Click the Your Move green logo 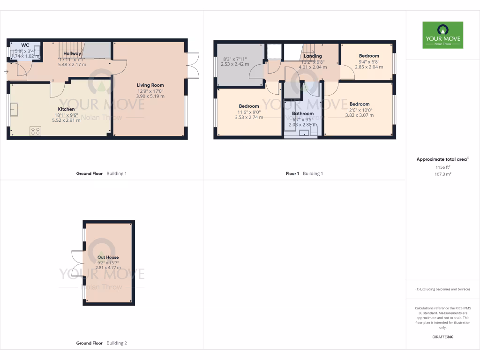coord(442,35)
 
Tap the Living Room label coord(150,85)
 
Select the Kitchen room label coord(66,109)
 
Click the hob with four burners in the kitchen coord(35,131)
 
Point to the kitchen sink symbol coord(15,110)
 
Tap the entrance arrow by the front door coord(6,72)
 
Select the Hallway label coord(72,54)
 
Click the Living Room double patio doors coord(192,65)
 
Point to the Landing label coord(313,56)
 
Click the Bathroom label coord(303,113)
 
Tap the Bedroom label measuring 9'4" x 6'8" coord(369,56)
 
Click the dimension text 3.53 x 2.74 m coord(249,117)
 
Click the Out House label coord(108,257)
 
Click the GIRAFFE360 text coord(442,337)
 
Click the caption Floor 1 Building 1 coord(304,173)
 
